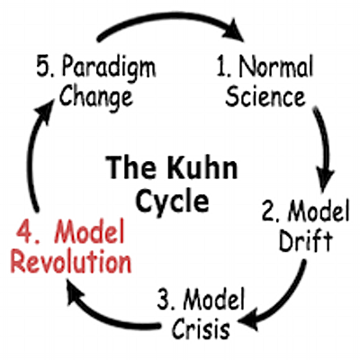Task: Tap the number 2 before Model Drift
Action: click(267, 212)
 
